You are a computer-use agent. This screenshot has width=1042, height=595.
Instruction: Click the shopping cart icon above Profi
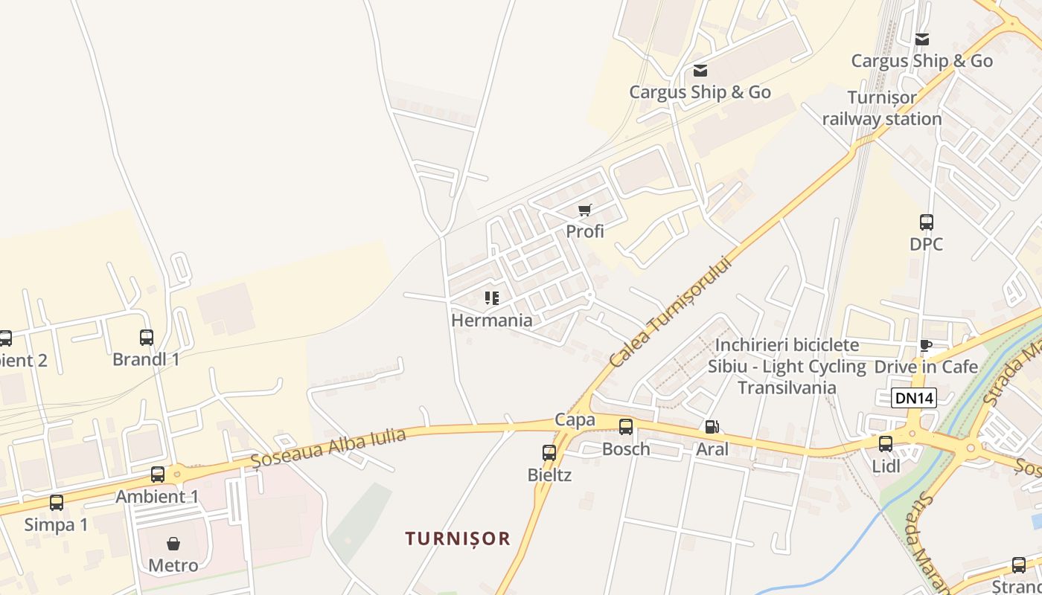tap(584, 210)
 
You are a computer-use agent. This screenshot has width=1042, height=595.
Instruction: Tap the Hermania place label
tap(491, 321)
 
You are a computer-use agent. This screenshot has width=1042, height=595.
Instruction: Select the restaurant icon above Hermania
tap(491, 298)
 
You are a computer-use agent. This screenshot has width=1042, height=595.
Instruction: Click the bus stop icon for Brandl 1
tap(147, 338)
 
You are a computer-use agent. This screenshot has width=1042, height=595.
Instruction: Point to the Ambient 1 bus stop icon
tap(158, 475)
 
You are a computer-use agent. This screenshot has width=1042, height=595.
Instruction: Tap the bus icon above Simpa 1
tap(57, 503)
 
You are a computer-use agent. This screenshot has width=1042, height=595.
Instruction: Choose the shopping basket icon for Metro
tap(173, 544)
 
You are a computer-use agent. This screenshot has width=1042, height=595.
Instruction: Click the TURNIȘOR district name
tap(458, 538)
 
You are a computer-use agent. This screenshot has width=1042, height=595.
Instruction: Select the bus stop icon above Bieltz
tap(549, 452)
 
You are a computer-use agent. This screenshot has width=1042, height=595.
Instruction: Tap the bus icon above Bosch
tap(626, 427)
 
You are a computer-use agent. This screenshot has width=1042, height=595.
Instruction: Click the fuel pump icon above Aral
tap(712, 427)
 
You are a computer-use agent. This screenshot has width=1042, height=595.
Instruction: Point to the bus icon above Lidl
tap(886, 444)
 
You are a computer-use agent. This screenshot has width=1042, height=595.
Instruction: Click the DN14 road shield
tap(913, 398)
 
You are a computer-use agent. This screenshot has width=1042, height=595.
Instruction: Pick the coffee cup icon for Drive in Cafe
tap(926, 345)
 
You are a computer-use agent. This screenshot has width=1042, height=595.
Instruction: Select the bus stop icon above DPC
tap(927, 222)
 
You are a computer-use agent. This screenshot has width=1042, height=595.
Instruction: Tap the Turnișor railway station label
tap(882, 109)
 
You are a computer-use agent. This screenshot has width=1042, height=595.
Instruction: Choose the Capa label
tap(575, 420)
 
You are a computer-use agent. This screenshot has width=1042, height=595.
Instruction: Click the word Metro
tap(173, 565)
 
